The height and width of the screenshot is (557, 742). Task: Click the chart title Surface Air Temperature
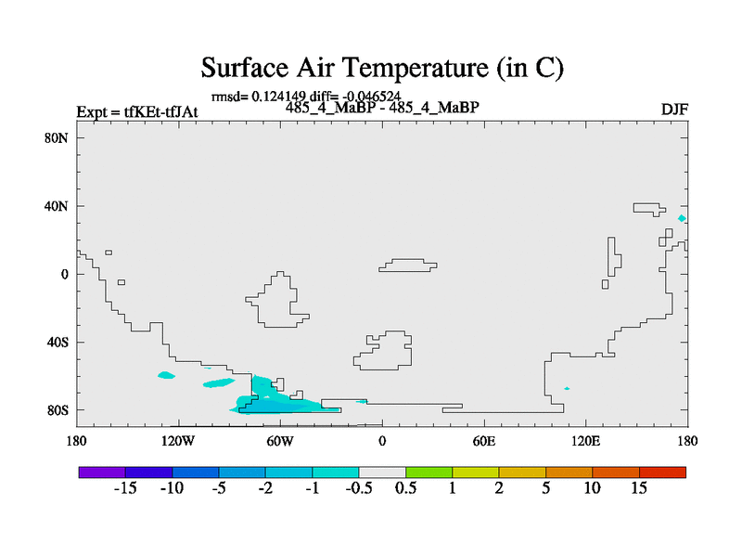(x=382, y=68)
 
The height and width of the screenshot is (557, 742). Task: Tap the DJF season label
(x=674, y=110)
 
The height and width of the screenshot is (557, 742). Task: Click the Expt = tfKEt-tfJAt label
(x=137, y=111)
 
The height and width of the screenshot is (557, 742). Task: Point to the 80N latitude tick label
(x=57, y=137)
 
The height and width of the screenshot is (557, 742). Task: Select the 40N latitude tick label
(x=57, y=206)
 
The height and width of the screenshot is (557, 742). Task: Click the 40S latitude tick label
(x=58, y=342)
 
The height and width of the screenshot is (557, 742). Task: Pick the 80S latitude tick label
(x=58, y=410)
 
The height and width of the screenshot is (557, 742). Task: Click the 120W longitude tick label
(x=178, y=442)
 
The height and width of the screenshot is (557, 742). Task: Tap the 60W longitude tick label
(x=280, y=442)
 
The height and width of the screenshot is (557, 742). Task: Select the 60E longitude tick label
(x=484, y=442)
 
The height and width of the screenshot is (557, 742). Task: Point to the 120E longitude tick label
(x=586, y=442)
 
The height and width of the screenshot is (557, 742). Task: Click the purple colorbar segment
(x=102, y=473)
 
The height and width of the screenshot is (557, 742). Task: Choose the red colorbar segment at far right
(x=662, y=473)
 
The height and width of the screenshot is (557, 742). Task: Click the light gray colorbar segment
(x=382, y=473)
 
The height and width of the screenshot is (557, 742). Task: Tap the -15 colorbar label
(x=125, y=488)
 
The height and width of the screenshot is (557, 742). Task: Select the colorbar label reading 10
(x=592, y=488)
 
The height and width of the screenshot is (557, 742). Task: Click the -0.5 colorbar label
(x=359, y=488)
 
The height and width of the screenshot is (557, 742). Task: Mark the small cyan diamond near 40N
(x=682, y=218)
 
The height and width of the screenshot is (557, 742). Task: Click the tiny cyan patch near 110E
(x=567, y=388)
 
